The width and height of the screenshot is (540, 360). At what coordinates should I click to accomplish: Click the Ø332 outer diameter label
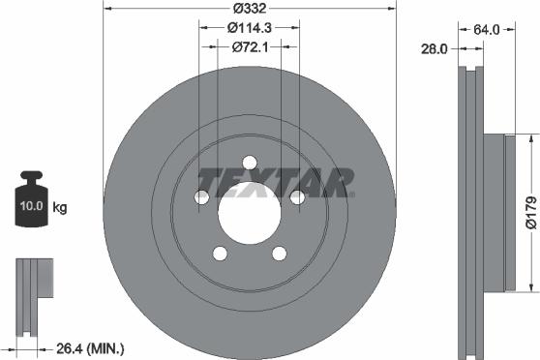pyautogui.click(x=250, y=10)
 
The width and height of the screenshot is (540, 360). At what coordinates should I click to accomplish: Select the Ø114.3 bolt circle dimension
pyautogui.click(x=250, y=28)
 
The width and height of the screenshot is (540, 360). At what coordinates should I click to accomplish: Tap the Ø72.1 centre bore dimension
pyautogui.click(x=250, y=46)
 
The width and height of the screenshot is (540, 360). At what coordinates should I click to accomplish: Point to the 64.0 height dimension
pyautogui.click(x=486, y=29)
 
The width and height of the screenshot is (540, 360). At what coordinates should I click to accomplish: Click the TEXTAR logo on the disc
pyautogui.click(x=274, y=180)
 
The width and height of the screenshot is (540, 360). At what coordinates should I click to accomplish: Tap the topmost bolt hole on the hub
pyautogui.click(x=250, y=162)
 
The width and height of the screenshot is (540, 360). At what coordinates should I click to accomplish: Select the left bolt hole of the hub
pyautogui.click(x=201, y=197)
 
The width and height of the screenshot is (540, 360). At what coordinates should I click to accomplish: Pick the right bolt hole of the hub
pyautogui.click(x=298, y=197)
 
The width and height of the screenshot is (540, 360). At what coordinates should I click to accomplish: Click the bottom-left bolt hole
pyautogui.click(x=220, y=254)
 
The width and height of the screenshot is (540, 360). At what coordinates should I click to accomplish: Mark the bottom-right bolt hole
pyautogui.click(x=280, y=254)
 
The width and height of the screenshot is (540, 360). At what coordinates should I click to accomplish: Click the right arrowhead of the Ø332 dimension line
pyautogui.click(x=393, y=10)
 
